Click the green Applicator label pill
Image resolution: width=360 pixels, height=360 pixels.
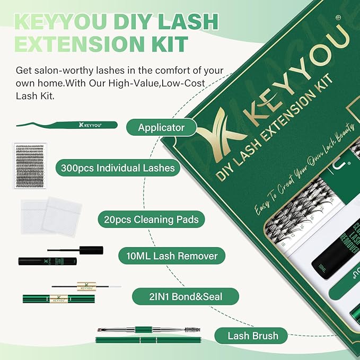coord(161,128)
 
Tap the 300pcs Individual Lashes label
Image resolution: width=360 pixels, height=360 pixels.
coord(117,168)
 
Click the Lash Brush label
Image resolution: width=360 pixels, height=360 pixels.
coord(252,335)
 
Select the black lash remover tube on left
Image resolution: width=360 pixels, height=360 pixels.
coord(47,261)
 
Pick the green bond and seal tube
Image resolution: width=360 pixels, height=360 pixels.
coord(58,299)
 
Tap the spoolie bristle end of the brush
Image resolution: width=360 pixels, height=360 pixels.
coord(191,329)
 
